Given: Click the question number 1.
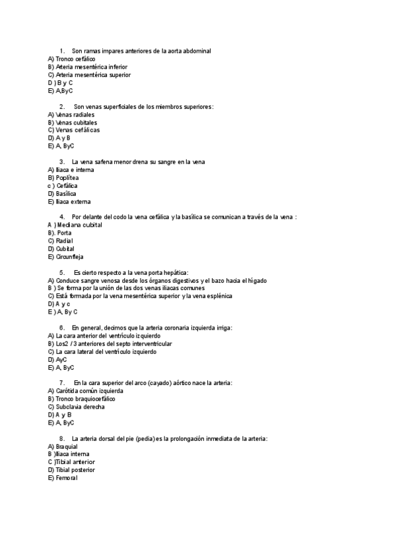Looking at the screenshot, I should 61,51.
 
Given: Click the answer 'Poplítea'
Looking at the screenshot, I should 67,178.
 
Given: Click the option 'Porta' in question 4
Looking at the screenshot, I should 65,233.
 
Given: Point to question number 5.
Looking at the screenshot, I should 61,273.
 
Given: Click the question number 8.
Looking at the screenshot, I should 61,439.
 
